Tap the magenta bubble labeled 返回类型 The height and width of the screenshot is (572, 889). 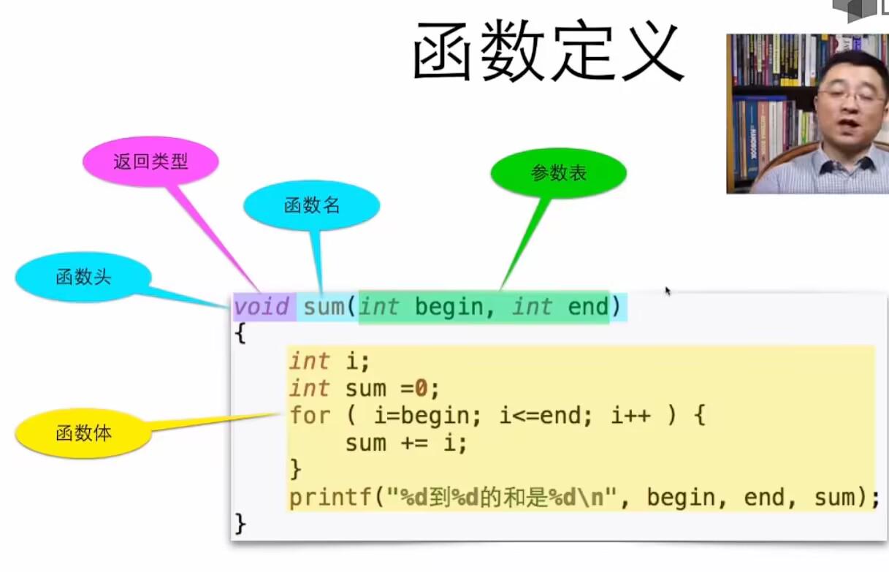[151, 161]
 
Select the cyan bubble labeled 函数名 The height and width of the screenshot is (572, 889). [312, 206]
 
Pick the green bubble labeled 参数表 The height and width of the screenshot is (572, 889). [559, 173]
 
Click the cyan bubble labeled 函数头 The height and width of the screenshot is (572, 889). [83, 277]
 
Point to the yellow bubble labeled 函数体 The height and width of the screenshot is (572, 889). [83, 433]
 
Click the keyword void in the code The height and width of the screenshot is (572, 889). [261, 307]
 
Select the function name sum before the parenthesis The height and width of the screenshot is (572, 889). [324, 307]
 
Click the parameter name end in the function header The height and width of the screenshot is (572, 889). [587, 307]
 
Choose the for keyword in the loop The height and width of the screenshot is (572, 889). [310, 416]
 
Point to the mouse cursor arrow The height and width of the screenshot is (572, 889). [668, 291]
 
